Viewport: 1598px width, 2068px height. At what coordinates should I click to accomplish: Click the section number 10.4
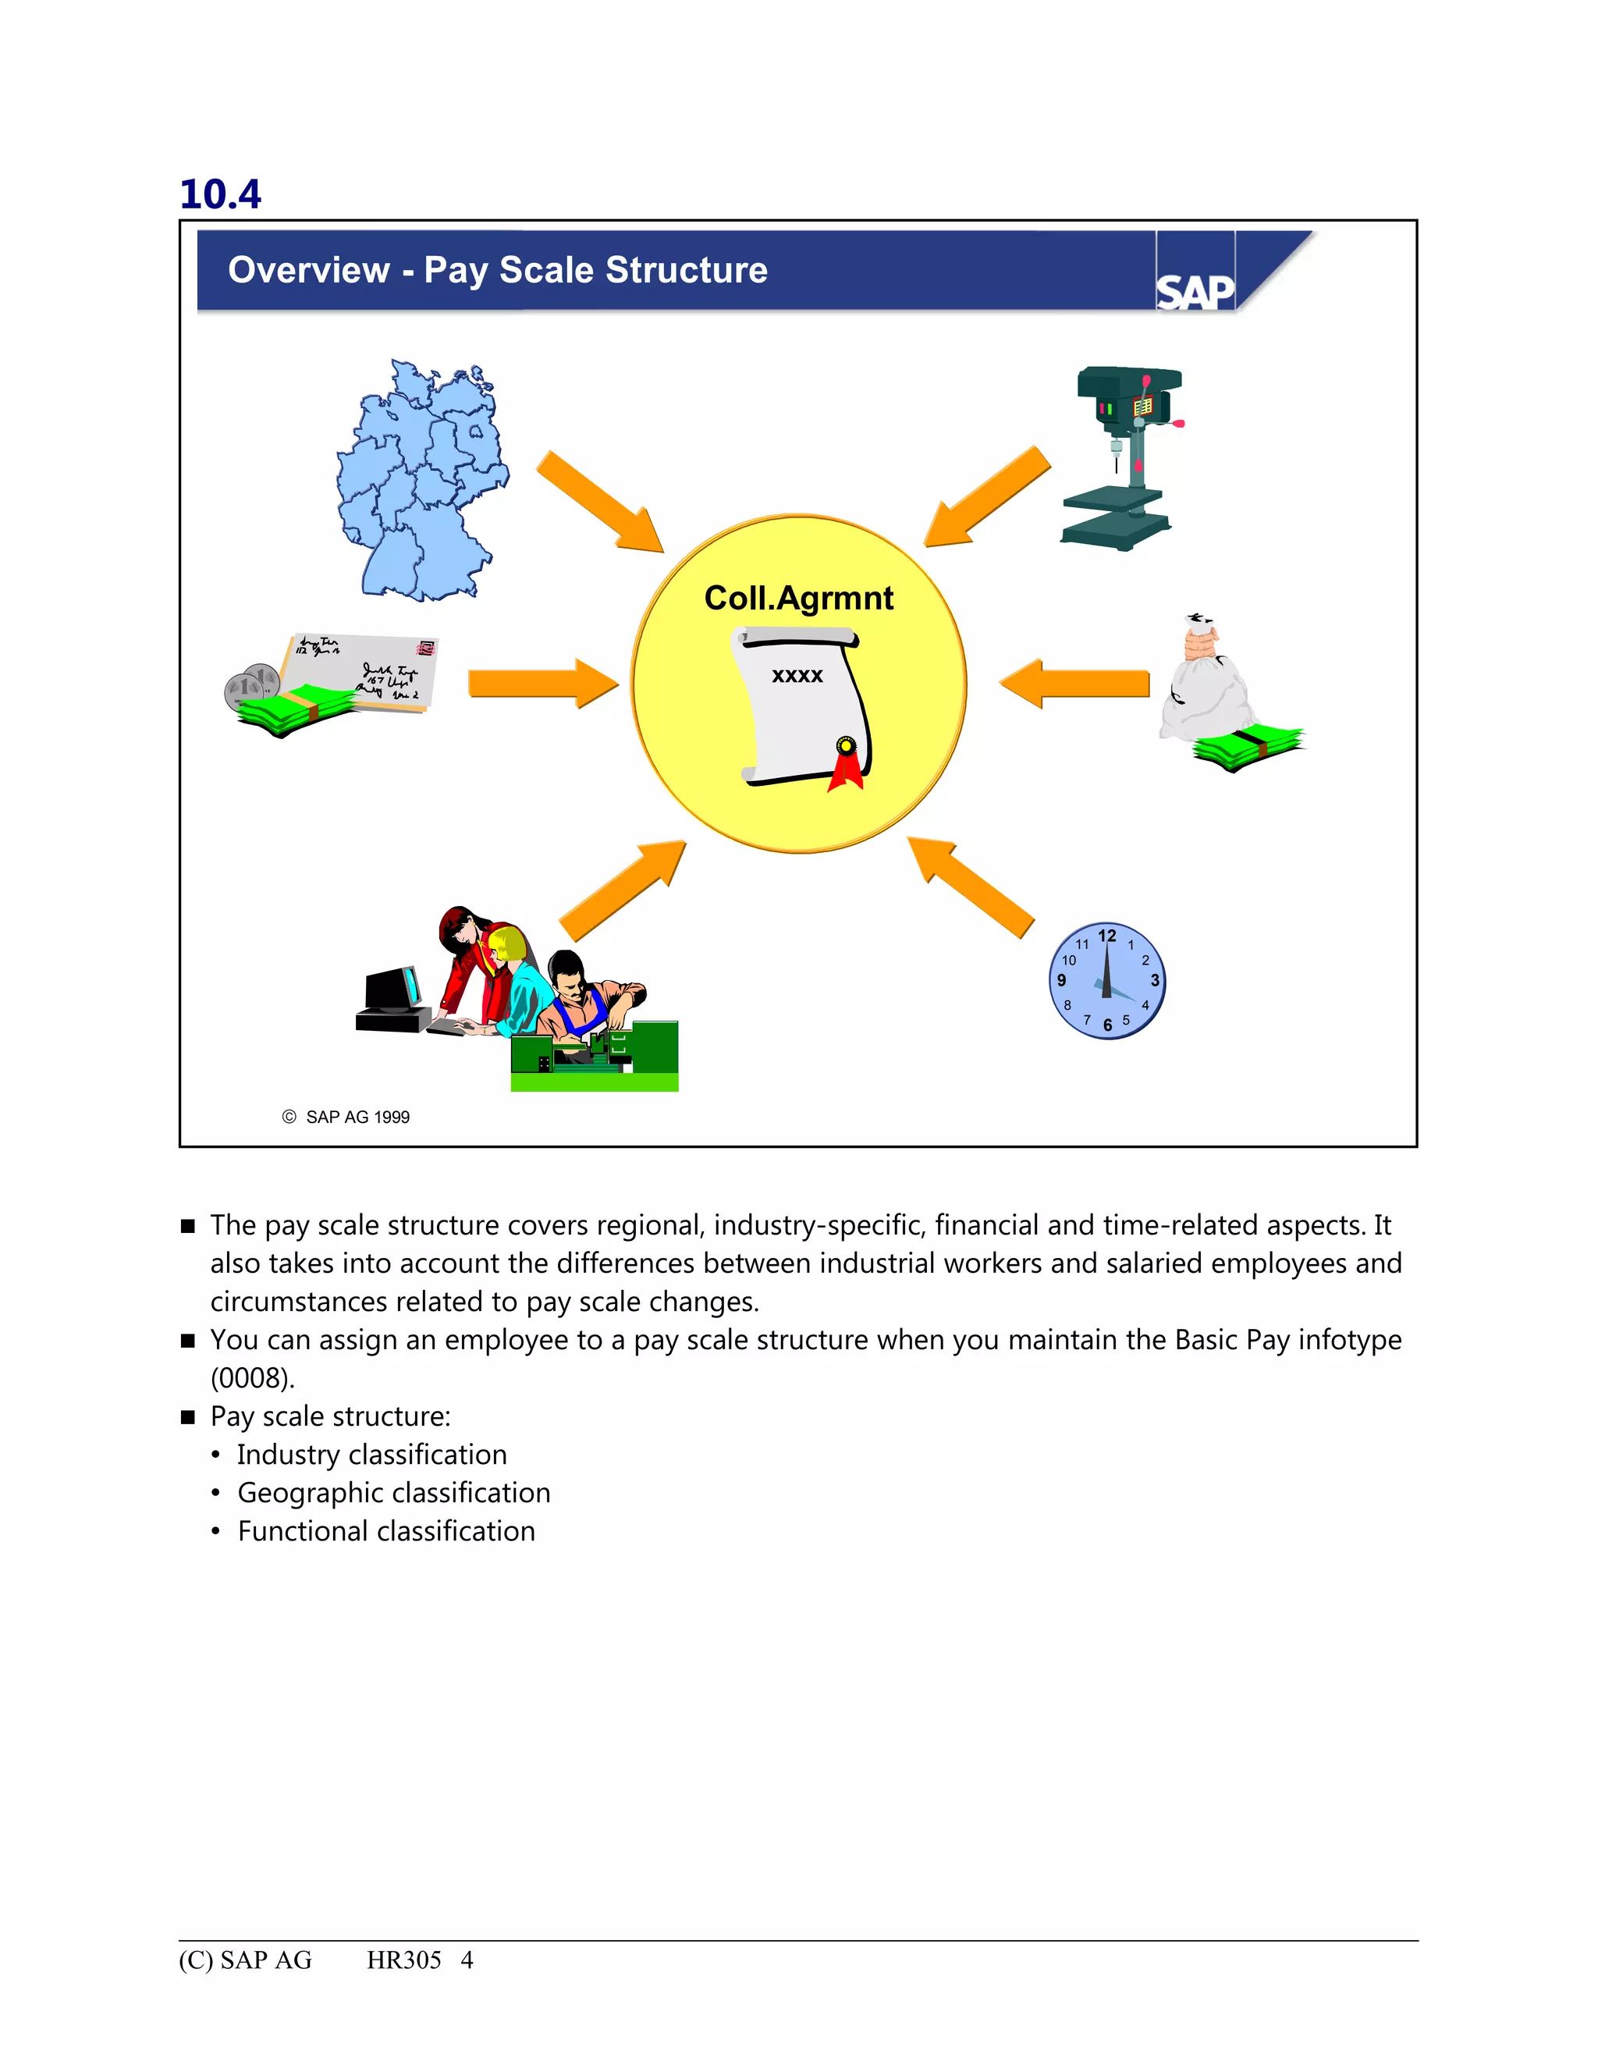click(219, 194)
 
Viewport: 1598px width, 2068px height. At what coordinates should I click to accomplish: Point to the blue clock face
click(1106, 981)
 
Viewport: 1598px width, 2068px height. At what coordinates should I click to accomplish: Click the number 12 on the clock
click(1106, 936)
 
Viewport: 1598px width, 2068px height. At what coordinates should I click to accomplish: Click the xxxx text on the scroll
click(797, 675)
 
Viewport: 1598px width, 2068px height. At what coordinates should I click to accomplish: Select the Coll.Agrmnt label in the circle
click(798, 598)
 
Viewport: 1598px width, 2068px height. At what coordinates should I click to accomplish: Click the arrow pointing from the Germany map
click(601, 503)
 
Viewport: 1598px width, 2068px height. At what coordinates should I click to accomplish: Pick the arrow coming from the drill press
click(987, 497)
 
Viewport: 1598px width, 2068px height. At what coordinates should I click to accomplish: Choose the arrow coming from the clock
click(971, 887)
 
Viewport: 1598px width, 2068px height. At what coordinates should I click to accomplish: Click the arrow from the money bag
click(1074, 684)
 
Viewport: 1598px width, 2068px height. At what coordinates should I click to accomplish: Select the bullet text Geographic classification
click(393, 1492)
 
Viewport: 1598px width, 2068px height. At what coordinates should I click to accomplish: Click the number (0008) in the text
click(252, 1377)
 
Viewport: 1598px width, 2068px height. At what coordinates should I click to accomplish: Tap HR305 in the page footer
click(404, 1960)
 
